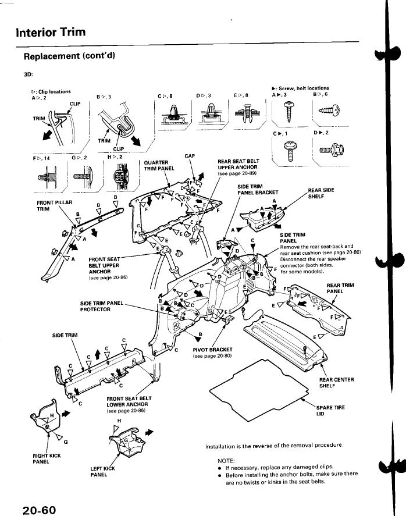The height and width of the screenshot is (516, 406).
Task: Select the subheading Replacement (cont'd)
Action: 69,56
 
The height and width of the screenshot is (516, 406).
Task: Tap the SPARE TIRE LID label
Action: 330,411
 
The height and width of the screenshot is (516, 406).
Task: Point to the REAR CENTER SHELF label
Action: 337,382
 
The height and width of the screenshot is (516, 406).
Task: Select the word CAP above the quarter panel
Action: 190,156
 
